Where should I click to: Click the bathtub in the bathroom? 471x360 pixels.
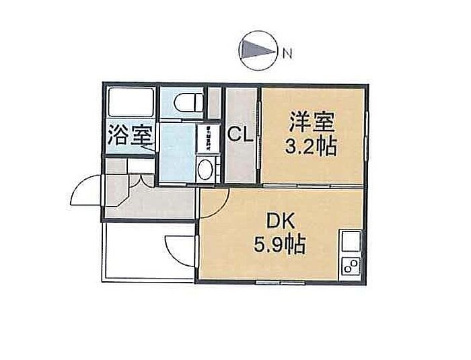(x=130, y=102)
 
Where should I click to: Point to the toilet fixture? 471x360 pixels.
(x=187, y=103)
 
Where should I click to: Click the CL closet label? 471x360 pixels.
(x=240, y=135)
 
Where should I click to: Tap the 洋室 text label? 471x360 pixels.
(x=312, y=122)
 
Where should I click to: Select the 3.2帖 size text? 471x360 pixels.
(x=312, y=147)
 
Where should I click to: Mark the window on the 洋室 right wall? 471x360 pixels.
(x=367, y=135)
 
